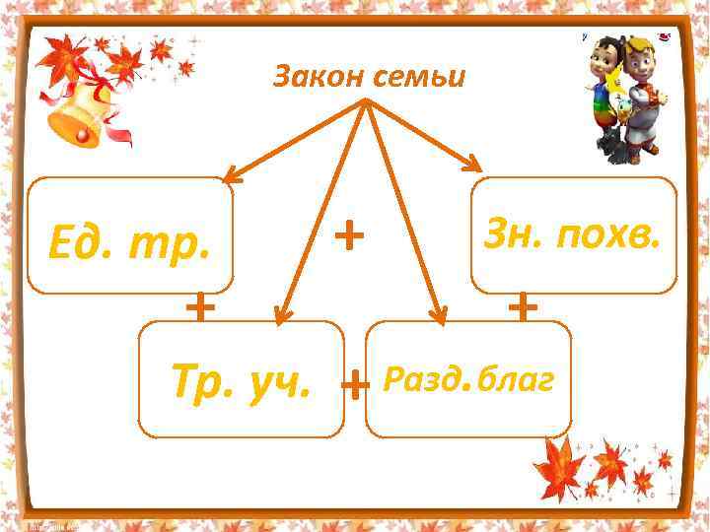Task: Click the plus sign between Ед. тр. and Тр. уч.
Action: [x=200, y=307]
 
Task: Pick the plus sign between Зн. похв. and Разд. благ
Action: [x=523, y=307]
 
